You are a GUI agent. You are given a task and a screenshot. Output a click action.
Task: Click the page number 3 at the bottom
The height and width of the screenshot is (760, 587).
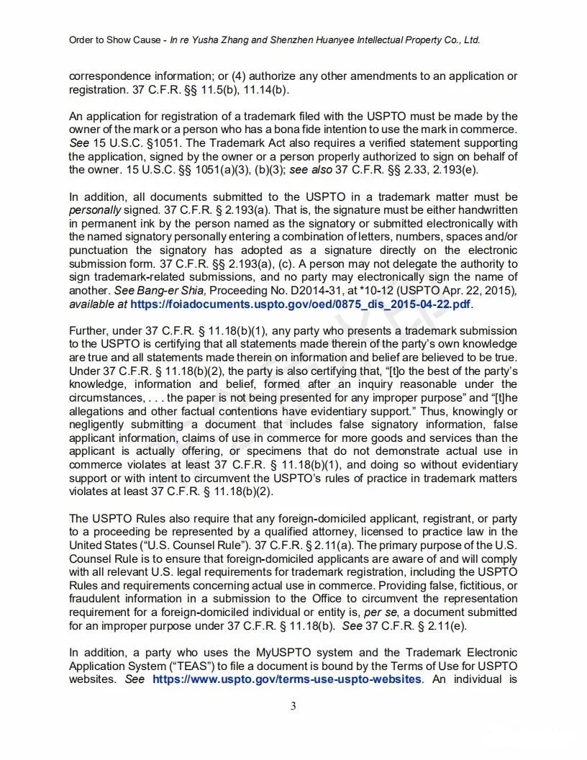coord(293,706)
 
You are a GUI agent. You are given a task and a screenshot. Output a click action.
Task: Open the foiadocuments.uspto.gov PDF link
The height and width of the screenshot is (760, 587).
coord(301,304)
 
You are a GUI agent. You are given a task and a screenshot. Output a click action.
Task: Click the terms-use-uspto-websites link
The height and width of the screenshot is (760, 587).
coord(287,679)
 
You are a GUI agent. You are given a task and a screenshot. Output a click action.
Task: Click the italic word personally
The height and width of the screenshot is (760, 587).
coord(94,210)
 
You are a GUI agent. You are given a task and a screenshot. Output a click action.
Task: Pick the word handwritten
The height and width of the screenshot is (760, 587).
coord(488,210)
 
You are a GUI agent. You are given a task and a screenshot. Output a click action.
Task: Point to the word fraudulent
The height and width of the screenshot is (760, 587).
coord(99,599)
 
